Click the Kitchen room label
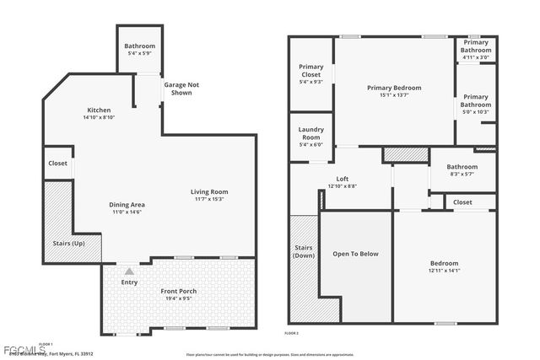[100, 110]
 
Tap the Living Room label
[209, 192]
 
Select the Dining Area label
[127, 205]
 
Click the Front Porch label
[178, 292]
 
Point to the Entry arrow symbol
[128, 271]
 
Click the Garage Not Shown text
[181, 89]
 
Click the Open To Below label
[354, 253]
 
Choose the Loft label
[343, 179]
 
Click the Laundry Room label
[311, 133]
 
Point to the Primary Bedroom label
[393, 88]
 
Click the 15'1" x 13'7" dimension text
[393, 95]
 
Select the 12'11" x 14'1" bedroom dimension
[443, 271]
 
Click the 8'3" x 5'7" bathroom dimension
[462, 174]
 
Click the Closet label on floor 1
[57, 164]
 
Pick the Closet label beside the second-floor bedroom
[462, 202]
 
